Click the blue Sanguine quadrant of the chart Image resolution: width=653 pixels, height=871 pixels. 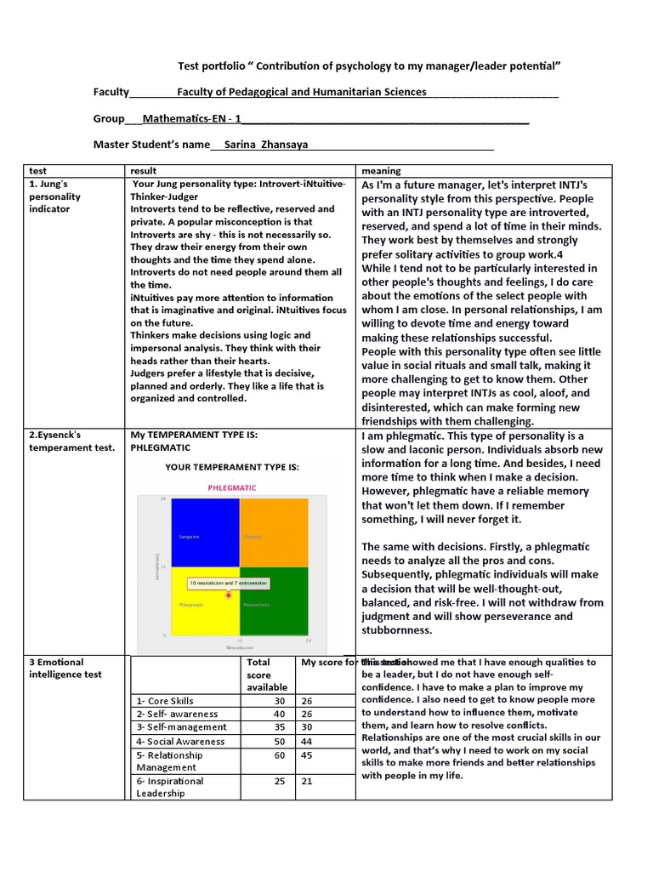coord(205,532)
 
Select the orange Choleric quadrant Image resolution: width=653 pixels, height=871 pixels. coord(274,532)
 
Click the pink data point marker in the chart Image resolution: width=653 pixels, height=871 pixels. coord(229,595)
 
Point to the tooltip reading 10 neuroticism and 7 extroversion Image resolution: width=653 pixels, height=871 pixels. coord(228,583)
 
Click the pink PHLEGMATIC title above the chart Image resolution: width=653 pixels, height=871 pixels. coord(231,487)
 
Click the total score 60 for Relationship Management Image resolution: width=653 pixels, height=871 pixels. coord(279,754)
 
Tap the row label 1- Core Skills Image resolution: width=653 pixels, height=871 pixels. coord(165,700)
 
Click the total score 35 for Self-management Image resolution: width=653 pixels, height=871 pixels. coord(279,727)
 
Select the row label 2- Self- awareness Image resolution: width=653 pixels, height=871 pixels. coord(177,714)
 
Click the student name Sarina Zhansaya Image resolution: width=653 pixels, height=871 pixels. coord(263,145)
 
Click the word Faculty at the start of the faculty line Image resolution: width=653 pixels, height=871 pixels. coord(111,92)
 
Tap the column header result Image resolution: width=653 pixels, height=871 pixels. coord(144,171)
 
